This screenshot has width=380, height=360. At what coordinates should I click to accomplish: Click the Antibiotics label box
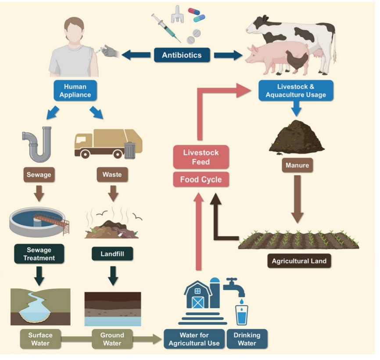pyautogui.click(x=182, y=55)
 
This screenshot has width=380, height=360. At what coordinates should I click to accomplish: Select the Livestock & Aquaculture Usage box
pyautogui.click(x=295, y=91)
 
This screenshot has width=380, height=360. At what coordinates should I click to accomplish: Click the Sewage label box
pyautogui.click(x=39, y=175)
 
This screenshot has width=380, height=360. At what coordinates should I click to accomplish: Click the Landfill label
pyautogui.click(x=112, y=254)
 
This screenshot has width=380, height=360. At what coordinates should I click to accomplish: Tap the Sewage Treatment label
pyautogui.click(x=38, y=254)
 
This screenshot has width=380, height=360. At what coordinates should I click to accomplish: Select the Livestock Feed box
pyautogui.click(x=201, y=157)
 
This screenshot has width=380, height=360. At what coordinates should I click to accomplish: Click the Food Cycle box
pyautogui.click(x=201, y=180)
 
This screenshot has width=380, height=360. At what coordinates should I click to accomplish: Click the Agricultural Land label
pyautogui.click(x=299, y=261)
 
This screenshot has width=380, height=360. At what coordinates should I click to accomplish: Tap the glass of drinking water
pyautogui.click(x=241, y=315)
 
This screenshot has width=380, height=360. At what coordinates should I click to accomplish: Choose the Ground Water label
pyautogui.click(x=112, y=339)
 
